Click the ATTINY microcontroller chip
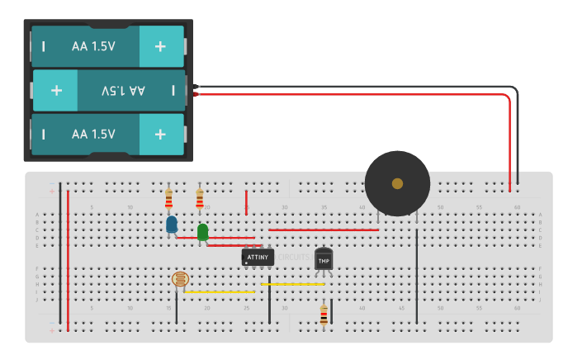tap(258, 258)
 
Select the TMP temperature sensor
tap(324, 259)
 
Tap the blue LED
tap(172, 224)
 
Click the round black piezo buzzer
tap(397, 183)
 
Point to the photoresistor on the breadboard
tap(179, 281)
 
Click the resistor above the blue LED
tap(169, 198)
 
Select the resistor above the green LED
tap(200, 198)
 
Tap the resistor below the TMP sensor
tap(324, 314)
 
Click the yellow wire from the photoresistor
tap(220, 291)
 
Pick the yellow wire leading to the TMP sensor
tap(293, 284)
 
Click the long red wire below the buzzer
tap(323, 230)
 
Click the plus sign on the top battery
tap(160, 47)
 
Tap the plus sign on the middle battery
tap(56, 90)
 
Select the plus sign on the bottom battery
tap(160, 133)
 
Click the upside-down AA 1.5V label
tap(123, 90)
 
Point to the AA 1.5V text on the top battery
tap(93, 47)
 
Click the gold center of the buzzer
tap(397, 183)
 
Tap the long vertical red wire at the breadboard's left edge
tap(68, 260)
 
